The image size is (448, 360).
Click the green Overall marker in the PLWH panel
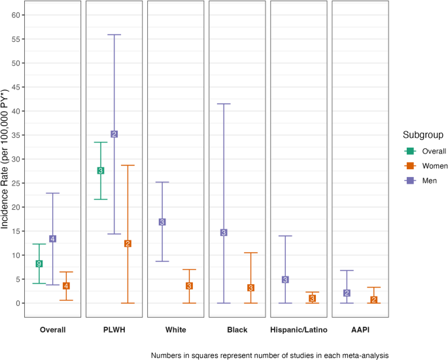[101, 171]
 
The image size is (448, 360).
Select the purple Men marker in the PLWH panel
[114, 134]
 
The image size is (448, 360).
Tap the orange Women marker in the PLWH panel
[128, 244]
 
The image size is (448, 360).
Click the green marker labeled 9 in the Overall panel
[39, 263]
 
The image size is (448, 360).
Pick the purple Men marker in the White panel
[162, 222]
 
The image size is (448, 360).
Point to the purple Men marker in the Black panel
[224, 233]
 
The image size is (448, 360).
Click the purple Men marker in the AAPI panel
[347, 293]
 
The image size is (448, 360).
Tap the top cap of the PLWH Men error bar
[114, 35]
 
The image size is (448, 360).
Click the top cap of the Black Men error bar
[224, 104]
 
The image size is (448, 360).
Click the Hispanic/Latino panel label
[299, 330]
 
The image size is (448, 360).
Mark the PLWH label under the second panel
[114, 330]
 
